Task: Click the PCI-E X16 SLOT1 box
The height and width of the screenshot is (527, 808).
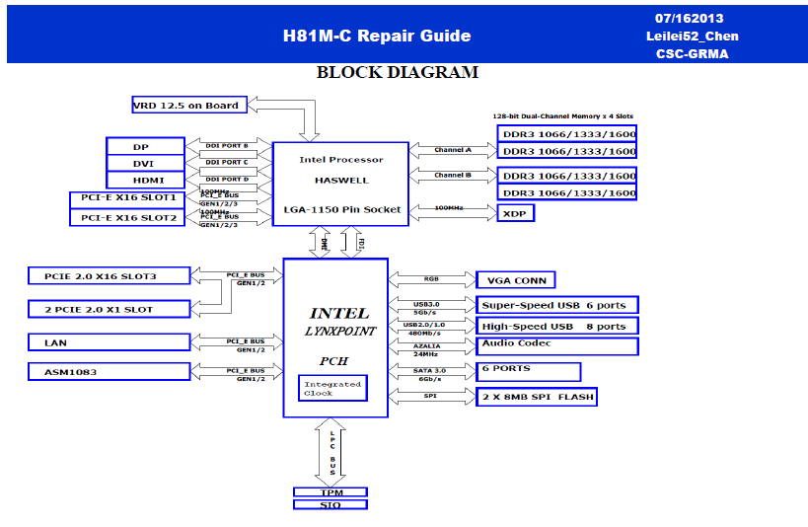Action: click(x=127, y=198)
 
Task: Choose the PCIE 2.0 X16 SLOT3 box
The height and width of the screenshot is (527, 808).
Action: click(x=109, y=275)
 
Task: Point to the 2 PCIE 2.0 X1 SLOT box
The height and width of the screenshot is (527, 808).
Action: click(x=109, y=309)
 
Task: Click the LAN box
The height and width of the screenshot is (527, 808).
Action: click(x=109, y=342)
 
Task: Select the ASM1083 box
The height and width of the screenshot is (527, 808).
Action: click(x=109, y=371)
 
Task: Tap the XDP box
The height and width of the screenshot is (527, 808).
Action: click(x=516, y=213)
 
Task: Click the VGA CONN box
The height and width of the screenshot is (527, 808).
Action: click(x=516, y=280)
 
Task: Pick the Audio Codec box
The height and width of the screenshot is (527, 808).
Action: click(x=557, y=345)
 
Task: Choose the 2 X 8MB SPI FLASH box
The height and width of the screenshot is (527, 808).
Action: click(x=538, y=397)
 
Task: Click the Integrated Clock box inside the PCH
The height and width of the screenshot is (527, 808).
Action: click(x=332, y=388)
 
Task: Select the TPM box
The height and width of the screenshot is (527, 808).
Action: click(x=331, y=491)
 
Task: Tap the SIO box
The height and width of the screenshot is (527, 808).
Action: click(x=331, y=504)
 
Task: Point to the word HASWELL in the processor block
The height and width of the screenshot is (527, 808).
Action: click(x=341, y=180)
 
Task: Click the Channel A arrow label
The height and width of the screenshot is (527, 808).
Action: click(x=453, y=150)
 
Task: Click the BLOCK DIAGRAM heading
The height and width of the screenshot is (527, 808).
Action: click(x=397, y=73)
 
